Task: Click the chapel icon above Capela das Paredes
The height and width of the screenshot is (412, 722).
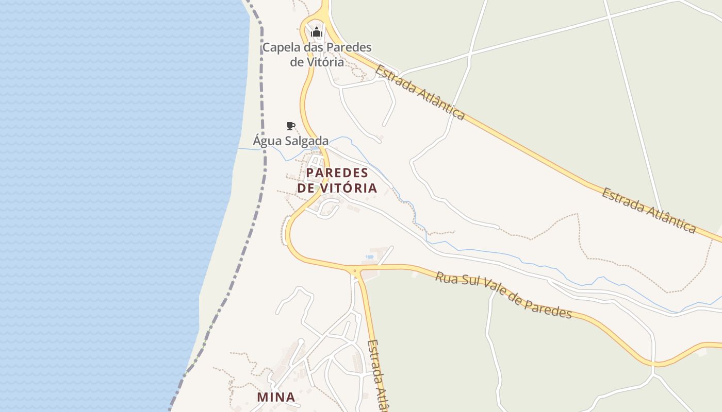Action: tap(316, 32)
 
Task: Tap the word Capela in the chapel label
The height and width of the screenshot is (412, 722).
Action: tap(282, 48)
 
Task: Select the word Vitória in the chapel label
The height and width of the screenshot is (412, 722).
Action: tap(324, 62)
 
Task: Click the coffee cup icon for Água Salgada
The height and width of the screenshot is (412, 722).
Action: tap(290, 126)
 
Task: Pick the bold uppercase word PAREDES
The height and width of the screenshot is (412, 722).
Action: tap(337, 173)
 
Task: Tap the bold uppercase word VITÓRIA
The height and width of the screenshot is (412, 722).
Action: tap(349, 188)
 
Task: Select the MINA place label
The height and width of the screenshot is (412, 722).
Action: tap(276, 397)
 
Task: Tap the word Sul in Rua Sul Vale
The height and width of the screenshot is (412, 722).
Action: tap(470, 285)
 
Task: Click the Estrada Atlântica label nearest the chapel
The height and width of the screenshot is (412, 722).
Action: tap(420, 92)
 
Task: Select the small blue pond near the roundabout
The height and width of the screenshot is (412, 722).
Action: tap(369, 256)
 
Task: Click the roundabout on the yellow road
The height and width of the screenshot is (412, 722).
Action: tap(354, 270)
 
